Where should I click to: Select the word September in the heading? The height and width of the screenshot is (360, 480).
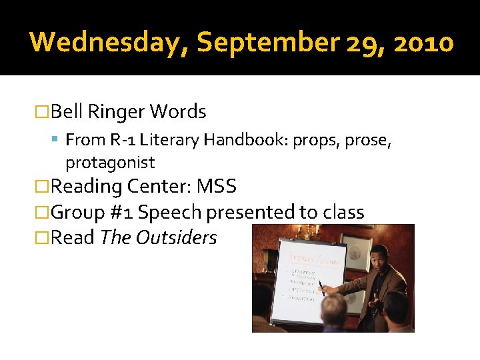268,42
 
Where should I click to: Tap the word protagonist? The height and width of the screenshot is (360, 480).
110,162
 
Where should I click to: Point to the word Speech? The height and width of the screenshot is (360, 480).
170,213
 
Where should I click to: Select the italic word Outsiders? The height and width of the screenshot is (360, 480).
176,238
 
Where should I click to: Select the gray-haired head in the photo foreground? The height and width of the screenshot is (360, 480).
334,310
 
